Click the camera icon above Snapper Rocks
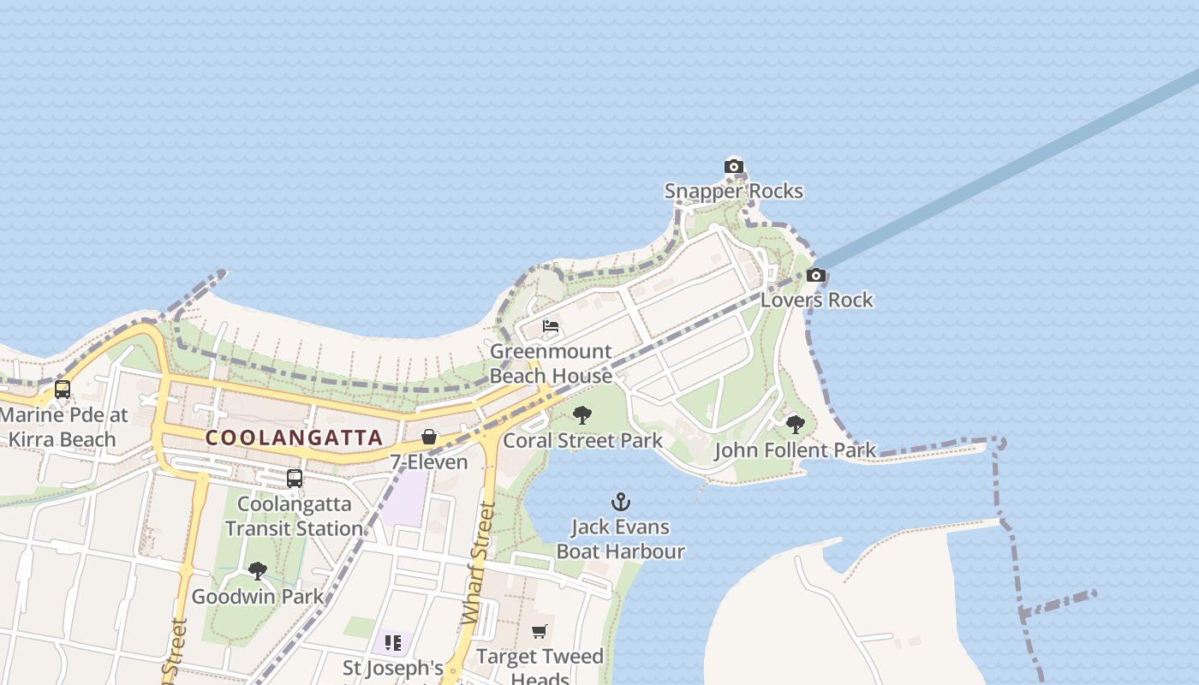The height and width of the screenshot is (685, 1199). (734, 167)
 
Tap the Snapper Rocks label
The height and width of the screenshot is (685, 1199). (734, 191)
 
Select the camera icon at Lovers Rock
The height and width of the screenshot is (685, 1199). (816, 276)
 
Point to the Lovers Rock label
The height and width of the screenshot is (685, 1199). (816, 300)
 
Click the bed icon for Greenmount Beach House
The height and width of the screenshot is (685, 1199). (551, 327)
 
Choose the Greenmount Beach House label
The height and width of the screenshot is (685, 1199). (551, 363)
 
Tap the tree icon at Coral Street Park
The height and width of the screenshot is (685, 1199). (582, 416)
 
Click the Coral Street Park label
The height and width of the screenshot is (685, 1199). (582, 441)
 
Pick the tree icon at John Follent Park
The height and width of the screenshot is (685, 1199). (795, 425)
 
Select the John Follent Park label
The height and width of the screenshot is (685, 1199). (795, 450)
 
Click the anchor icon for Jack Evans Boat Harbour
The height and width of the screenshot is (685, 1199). (621, 502)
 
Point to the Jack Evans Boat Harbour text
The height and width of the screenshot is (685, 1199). (621, 539)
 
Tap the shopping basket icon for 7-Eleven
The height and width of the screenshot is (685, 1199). (429, 438)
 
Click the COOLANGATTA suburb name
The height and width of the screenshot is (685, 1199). (294, 438)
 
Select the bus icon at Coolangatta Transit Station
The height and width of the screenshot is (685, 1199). (295, 479)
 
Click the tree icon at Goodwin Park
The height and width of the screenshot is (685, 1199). (257, 571)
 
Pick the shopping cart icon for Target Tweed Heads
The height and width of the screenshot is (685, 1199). (540, 632)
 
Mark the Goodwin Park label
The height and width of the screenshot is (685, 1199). (257, 597)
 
